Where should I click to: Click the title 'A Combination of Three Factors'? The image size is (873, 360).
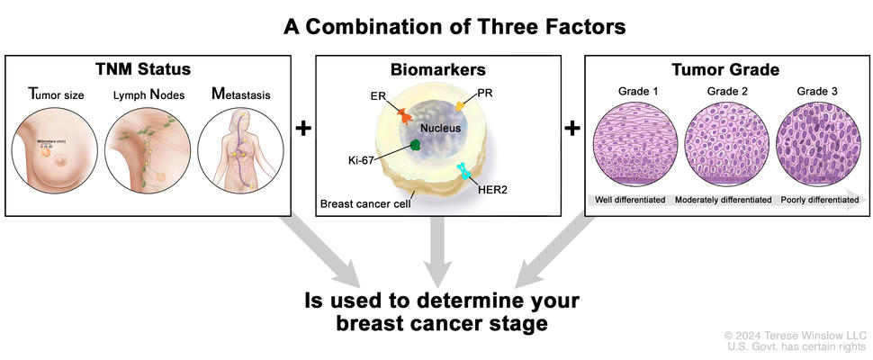click(454, 26)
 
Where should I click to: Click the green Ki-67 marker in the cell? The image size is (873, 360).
click(417, 144)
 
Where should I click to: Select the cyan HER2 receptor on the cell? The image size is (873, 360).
click(466, 171)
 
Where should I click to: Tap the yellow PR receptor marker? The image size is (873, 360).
click(459, 107)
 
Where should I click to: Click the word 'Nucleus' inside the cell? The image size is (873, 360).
click(440, 128)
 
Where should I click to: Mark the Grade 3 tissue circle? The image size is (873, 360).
click(816, 145)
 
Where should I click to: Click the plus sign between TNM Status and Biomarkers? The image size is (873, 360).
click(303, 129)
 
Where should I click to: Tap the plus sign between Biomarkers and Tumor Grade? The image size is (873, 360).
click(571, 129)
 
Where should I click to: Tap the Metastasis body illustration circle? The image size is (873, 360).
click(238, 148)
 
